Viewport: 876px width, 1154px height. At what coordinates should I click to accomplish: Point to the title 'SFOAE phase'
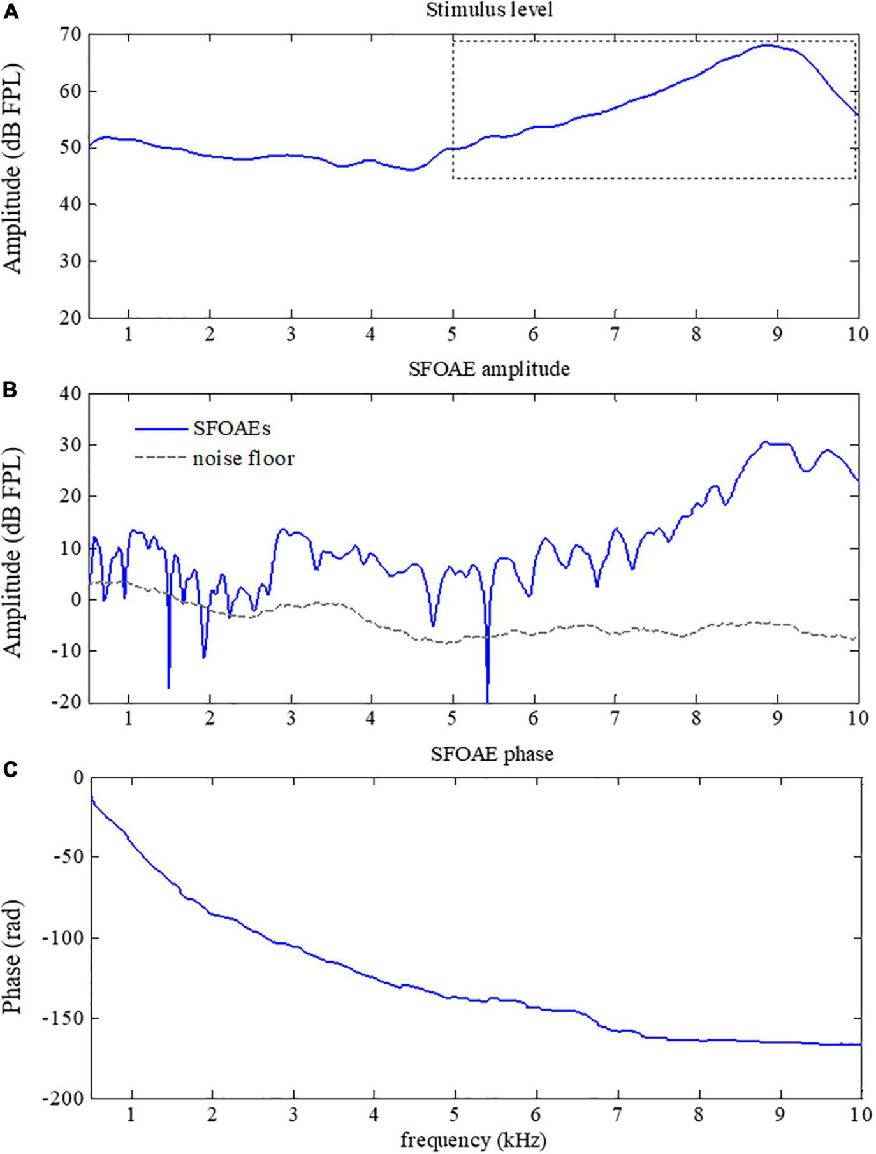[492, 754]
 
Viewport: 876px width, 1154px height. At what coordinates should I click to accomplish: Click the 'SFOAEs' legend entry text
[231, 428]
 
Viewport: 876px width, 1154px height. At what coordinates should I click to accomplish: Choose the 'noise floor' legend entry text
[244, 458]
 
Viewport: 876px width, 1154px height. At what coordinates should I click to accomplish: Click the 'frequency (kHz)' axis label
[473, 1139]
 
